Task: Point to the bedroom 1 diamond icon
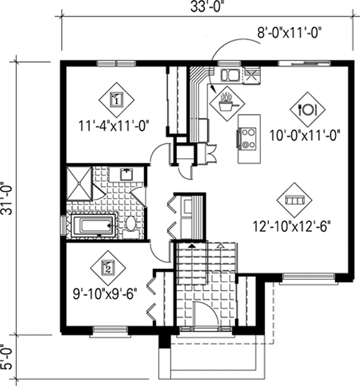point(116,99)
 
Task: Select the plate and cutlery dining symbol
point(307,109)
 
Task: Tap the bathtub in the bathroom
point(92,227)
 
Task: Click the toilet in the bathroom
point(131,224)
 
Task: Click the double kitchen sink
point(230,75)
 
